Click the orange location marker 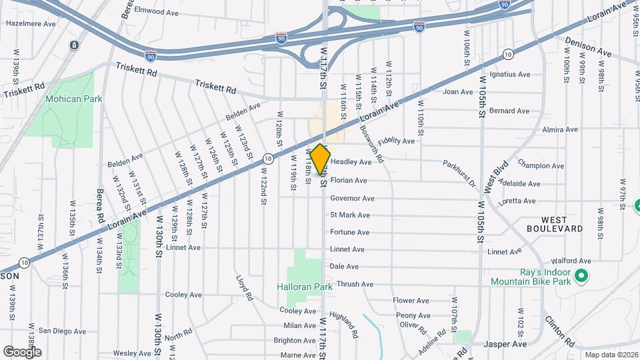tap(320, 159)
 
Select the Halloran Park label tap(305, 287)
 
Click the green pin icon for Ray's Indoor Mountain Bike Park tap(581, 275)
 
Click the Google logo tap(22, 351)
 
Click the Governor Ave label tap(352, 198)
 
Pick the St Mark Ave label tap(350, 215)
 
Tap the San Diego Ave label tap(61, 331)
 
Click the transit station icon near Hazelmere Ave tap(73, 45)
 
